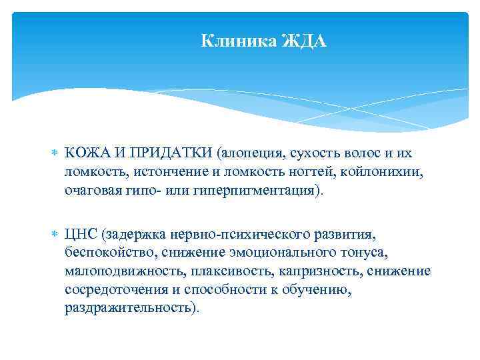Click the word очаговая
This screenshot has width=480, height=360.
[93, 191]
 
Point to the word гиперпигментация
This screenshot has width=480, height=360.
[253, 191]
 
